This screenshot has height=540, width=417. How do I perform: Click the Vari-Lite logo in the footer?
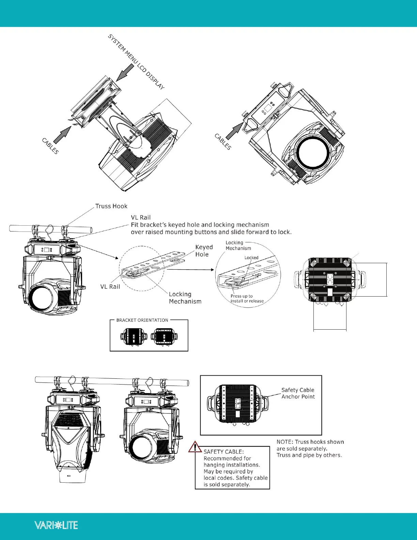56,525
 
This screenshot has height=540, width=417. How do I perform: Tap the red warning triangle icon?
195,447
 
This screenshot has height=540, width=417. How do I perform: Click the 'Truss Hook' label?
111,206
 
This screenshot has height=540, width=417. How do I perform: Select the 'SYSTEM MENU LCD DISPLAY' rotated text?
136,62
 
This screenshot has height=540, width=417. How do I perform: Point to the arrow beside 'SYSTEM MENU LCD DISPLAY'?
125,73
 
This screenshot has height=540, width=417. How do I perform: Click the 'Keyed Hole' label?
204,251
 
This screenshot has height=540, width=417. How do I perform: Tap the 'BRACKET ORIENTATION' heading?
142,320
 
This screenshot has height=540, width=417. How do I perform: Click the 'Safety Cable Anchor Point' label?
298,393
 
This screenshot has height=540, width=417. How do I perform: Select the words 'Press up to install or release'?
247,298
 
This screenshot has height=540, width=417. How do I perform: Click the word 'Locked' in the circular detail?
251,258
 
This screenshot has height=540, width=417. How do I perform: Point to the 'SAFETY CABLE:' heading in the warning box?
223,452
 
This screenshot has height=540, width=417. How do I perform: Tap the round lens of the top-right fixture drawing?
314,152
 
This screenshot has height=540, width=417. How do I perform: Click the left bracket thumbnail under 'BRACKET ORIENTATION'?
134,336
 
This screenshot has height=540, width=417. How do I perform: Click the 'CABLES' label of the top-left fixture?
50,146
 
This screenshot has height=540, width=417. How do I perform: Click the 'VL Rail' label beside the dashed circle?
110,286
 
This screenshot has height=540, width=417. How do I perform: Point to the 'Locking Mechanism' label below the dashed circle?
185,298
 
